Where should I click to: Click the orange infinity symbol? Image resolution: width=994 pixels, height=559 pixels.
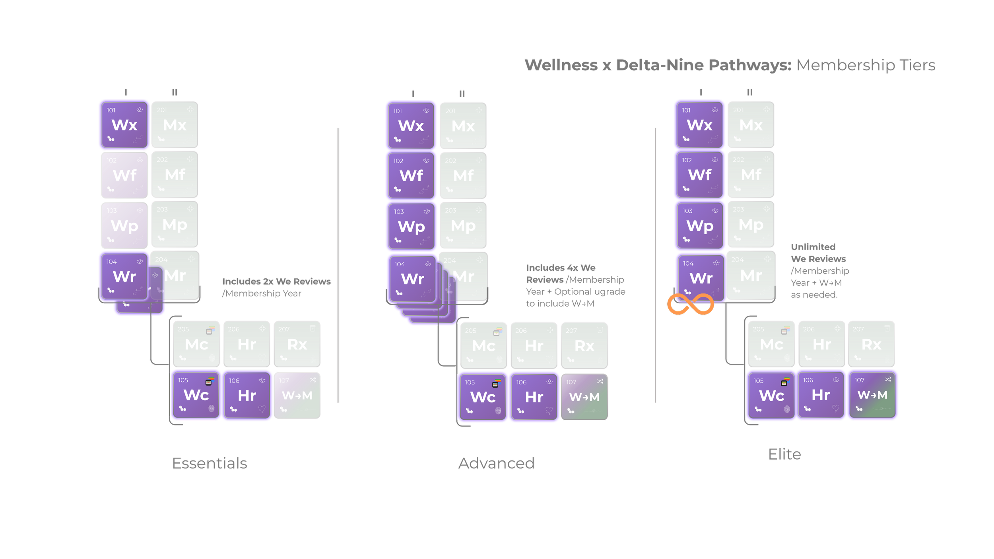point(690,304)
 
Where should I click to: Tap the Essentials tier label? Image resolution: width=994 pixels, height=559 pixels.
point(210,463)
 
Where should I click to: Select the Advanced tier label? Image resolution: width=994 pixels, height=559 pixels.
point(497,463)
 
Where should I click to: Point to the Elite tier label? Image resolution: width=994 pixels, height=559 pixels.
point(784,454)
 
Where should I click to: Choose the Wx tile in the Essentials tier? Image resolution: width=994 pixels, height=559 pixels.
point(124,125)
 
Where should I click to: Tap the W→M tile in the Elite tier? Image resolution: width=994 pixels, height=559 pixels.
point(872,394)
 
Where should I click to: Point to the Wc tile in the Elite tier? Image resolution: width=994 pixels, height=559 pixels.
point(771,395)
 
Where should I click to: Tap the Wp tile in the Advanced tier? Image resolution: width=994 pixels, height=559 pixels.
point(412,226)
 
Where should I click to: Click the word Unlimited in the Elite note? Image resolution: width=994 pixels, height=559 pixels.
point(813,247)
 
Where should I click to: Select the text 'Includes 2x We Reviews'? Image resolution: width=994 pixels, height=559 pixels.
point(276,281)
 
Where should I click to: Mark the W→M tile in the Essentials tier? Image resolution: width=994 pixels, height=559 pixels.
point(297,395)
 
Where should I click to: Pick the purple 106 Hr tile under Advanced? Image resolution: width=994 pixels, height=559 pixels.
point(534,397)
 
